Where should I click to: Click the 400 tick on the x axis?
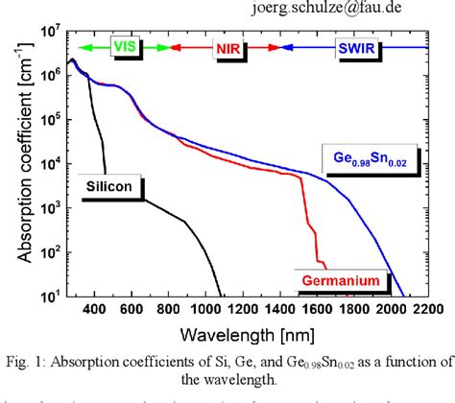tap(93, 310)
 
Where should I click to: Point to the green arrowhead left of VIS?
tap(84, 45)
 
